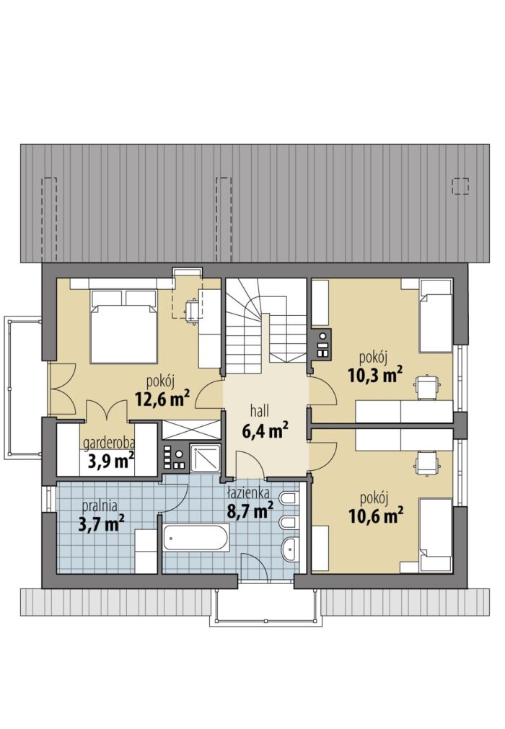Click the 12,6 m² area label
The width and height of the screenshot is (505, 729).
pos(162,398)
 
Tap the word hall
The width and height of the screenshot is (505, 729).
pos(260,411)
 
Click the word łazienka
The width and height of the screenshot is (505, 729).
pos(248,492)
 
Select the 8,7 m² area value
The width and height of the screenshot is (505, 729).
pos(250,511)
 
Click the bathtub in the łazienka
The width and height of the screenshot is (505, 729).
pos(196,539)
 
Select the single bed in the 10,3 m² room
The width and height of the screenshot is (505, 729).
pos(435,316)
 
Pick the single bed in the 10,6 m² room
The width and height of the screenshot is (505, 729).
pos(435,534)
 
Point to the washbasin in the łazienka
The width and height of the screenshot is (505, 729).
pos(291,549)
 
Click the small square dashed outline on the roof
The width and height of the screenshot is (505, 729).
pos(461,185)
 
